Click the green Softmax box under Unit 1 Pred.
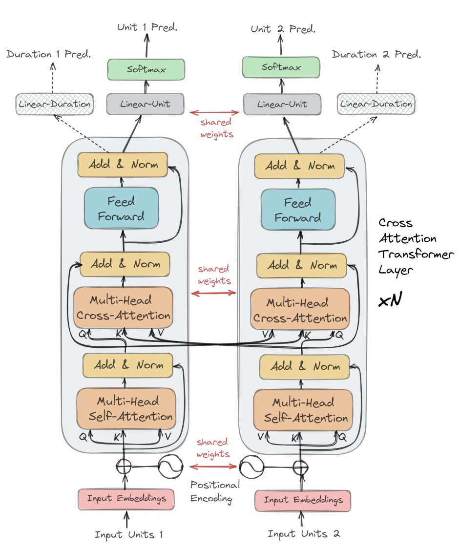pos(146,69)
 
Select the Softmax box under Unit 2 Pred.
pos(281,67)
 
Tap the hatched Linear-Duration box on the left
pos(55,104)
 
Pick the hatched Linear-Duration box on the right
pos(376,104)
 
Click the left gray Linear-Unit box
pos(145,104)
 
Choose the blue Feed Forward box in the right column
pos(298,210)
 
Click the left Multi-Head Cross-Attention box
pos(123,308)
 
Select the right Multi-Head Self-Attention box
pos(303,410)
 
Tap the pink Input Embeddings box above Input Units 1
pos(126,499)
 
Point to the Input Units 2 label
pos(304,534)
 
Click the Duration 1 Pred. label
pos(48,54)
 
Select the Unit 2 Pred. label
pos(283,29)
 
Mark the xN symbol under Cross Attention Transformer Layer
pos(390,300)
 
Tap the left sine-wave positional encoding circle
pos(170,467)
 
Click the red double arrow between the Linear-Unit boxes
pos(214,113)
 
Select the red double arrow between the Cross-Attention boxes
pos(213,293)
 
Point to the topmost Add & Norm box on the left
pos(123,165)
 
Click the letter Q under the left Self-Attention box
pos(83,437)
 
